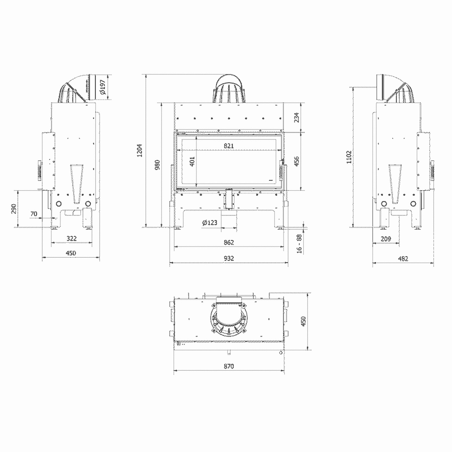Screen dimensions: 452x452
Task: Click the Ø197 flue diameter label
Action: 102,87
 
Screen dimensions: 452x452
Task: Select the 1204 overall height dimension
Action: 140,150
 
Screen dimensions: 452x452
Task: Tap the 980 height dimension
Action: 157,165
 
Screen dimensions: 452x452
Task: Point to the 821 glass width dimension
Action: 229,146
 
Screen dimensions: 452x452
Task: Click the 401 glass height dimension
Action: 192,161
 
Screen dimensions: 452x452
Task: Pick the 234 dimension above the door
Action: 296,117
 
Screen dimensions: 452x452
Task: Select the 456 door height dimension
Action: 296,161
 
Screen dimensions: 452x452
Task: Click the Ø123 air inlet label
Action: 210,222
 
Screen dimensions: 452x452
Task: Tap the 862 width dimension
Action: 229,242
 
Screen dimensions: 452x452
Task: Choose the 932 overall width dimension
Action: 229,258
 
